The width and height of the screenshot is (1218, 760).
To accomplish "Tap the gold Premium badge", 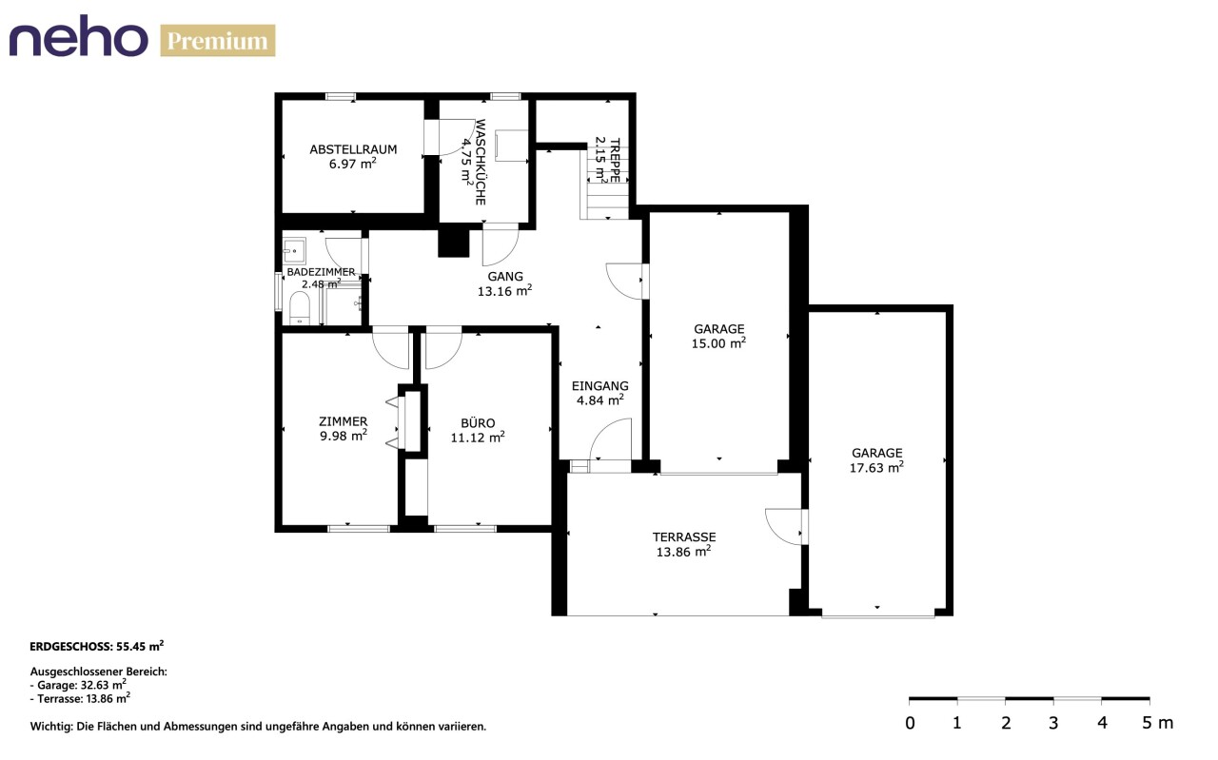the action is tap(218, 41).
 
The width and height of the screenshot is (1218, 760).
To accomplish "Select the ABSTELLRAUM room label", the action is tap(353, 149).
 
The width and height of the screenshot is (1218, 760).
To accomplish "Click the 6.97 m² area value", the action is tap(353, 164).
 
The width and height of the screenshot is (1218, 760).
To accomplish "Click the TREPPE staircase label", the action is tap(615, 161).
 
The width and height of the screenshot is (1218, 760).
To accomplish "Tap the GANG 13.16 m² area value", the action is tap(504, 291).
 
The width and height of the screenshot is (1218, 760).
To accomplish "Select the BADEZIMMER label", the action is tap(321, 272).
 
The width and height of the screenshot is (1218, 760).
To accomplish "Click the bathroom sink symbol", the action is tap(294, 250).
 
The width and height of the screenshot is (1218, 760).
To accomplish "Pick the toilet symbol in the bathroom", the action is tap(299, 308).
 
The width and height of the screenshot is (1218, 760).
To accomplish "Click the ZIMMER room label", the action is tap(344, 421).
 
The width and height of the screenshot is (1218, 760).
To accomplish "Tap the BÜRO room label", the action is tap(478, 423).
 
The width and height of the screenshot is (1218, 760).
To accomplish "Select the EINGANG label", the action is tap(599, 386).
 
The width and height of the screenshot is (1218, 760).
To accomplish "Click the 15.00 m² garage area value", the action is tap(718, 343).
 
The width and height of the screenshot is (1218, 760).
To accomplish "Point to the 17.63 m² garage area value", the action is tap(876, 467).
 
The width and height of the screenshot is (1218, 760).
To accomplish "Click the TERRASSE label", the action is tap(684, 537).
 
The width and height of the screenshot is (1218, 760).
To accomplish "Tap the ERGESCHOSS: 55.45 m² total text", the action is tap(97, 646).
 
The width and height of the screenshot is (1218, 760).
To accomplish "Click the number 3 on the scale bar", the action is tap(1053, 723).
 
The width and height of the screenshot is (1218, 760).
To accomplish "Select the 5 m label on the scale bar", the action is tap(1157, 723).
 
